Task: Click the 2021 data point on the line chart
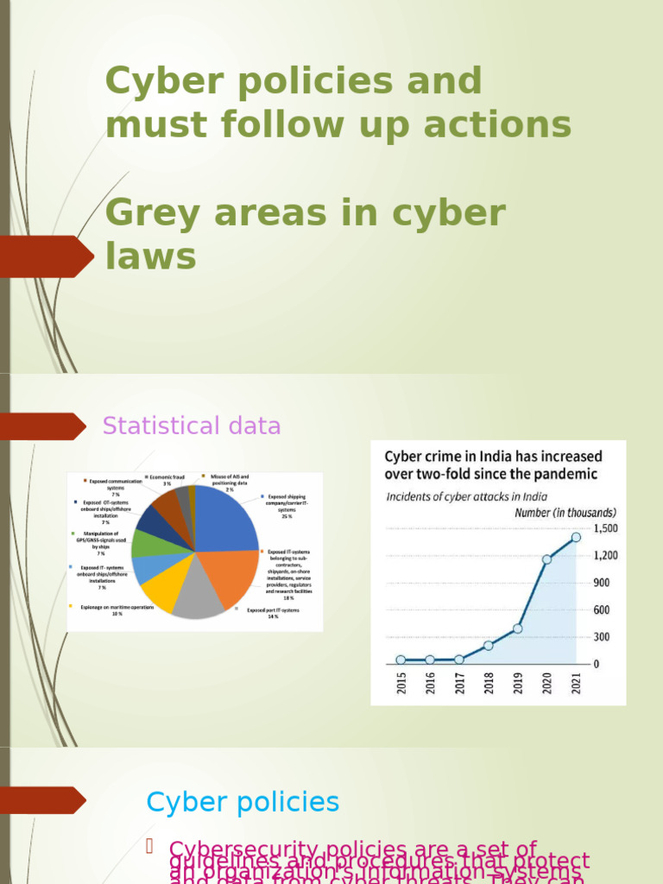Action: coord(576,537)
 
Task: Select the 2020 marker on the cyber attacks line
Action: coord(546,559)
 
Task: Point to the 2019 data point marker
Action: coord(517,628)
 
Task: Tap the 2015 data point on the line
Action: coord(401,660)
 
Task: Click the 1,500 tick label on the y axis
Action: coord(604,528)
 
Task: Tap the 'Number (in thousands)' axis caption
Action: coord(565,513)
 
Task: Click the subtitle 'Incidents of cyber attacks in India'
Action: coord(455,496)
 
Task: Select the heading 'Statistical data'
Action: coord(192,426)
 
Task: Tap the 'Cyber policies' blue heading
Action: coord(243,802)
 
